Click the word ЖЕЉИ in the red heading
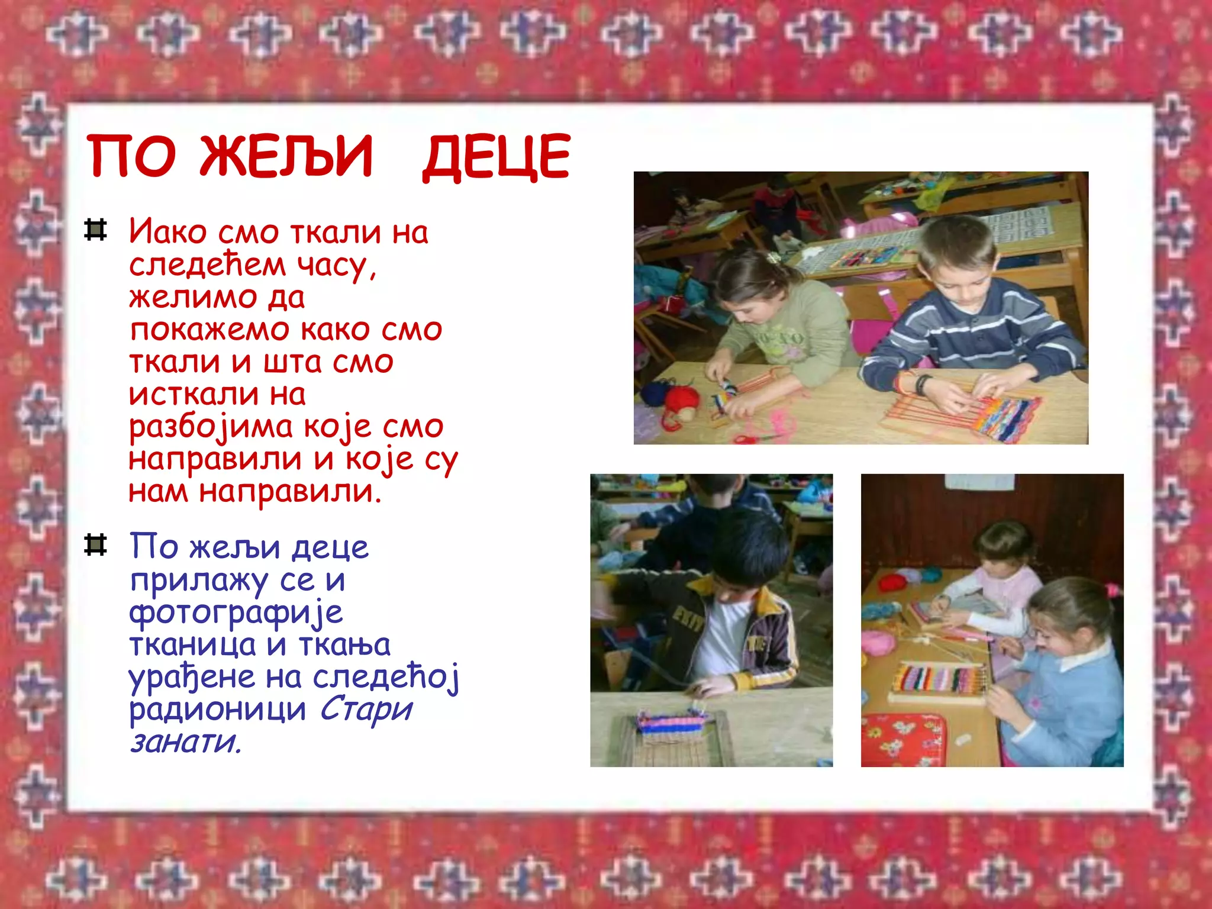(286, 156)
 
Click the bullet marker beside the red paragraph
(95, 230)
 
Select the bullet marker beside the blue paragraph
(95, 545)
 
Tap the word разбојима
(211, 427)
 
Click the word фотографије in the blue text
(236, 613)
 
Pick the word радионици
(217, 709)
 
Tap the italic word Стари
(366, 709)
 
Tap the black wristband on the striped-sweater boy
(921, 384)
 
